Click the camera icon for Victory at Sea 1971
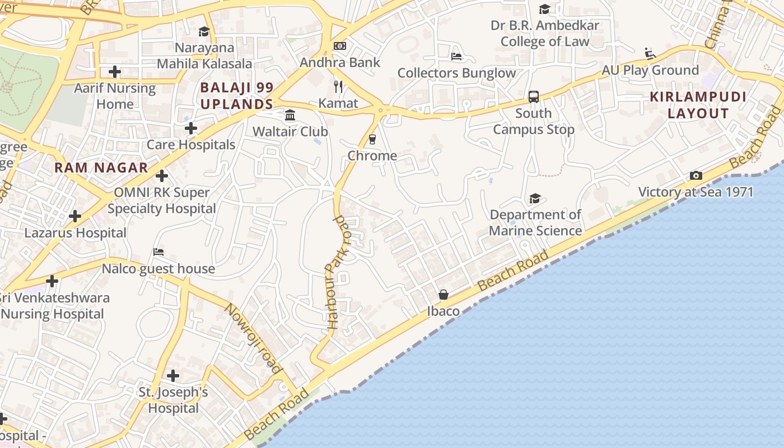click(696, 176)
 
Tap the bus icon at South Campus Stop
click(534, 97)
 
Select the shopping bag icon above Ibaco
click(444, 295)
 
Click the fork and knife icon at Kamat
click(338, 86)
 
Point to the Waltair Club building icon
click(290, 115)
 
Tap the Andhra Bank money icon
click(339, 46)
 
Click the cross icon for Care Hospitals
click(191, 128)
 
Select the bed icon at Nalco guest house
click(158, 252)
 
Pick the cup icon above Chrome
click(372, 139)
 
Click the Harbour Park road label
click(338, 272)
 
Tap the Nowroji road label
click(253, 338)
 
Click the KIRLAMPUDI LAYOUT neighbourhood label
click(698, 105)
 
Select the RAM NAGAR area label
click(101, 167)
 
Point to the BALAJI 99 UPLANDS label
click(236, 96)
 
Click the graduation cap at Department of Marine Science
click(535, 199)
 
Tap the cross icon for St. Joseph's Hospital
click(173, 375)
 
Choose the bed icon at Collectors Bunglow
click(456, 57)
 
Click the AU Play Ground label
click(650, 70)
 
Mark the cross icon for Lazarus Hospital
click(75, 216)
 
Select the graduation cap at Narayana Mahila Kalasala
click(204, 32)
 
